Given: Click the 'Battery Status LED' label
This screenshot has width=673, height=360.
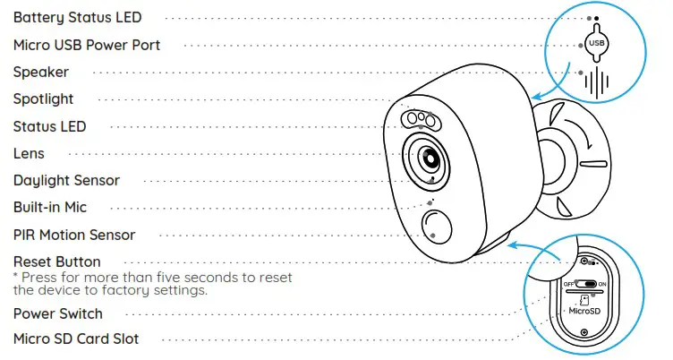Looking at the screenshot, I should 77,17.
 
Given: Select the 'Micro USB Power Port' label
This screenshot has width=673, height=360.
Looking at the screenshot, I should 87,45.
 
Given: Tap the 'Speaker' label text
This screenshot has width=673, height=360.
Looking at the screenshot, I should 41,72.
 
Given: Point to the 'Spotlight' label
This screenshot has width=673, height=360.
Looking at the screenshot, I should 44,99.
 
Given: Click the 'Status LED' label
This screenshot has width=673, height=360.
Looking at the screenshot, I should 50,126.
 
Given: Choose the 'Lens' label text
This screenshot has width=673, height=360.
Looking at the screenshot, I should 29,154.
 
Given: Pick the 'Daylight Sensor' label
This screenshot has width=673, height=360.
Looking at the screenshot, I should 66,180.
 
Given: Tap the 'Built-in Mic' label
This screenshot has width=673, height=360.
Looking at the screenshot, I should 50,208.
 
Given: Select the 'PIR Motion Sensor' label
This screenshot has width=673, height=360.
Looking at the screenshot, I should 74,235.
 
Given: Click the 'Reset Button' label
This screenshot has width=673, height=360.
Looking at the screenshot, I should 57,261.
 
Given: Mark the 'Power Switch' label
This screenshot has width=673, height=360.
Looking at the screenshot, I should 58,313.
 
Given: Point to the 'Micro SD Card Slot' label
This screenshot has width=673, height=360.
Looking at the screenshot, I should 76,339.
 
